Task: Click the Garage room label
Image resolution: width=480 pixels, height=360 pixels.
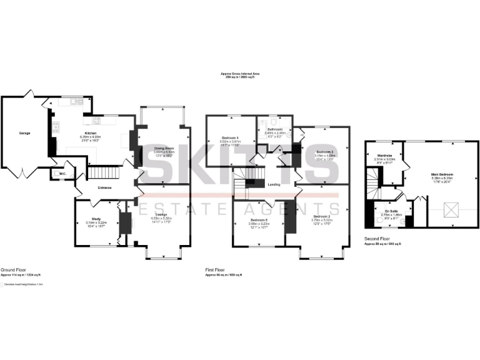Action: (24, 133)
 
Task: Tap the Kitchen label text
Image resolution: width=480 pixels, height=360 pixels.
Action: (91, 133)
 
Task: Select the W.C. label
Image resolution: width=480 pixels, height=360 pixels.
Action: (63, 174)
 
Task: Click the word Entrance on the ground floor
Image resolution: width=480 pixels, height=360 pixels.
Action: (104, 187)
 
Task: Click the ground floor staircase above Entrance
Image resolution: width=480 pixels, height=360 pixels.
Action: (100, 172)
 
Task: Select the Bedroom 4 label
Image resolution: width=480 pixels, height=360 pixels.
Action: (231, 137)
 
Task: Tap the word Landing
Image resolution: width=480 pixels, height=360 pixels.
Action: (272, 184)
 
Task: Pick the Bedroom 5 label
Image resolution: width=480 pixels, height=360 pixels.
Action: (259, 220)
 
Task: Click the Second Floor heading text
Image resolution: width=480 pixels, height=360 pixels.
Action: (377, 239)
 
